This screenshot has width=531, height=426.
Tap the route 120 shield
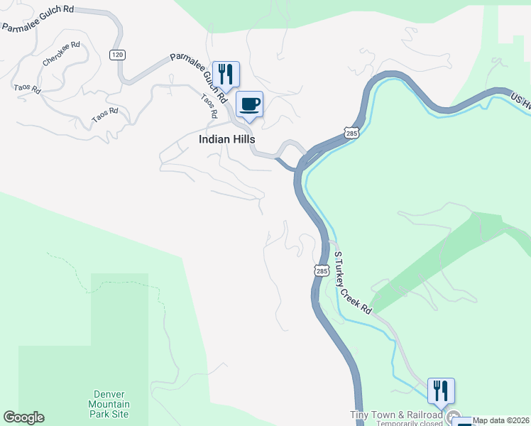point(117,55)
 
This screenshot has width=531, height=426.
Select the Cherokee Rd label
point(61,54)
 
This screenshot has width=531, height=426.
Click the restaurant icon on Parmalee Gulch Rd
point(226,74)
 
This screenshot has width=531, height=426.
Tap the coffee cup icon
point(249,105)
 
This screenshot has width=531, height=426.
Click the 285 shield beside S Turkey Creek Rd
point(322,271)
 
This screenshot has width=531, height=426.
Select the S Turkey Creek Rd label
point(352,283)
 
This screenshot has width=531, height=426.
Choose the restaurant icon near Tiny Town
point(441,390)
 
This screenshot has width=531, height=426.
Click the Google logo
point(23,417)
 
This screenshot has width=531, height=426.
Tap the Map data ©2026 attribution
point(501,420)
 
